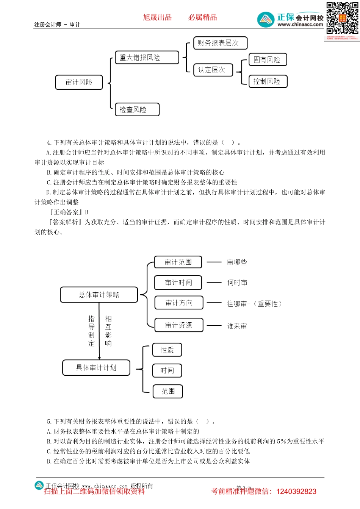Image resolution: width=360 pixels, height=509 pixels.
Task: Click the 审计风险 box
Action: click(x=79, y=82)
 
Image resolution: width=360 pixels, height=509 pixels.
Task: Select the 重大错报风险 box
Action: click(x=147, y=58)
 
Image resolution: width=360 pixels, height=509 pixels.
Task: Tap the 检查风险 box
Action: click(x=137, y=109)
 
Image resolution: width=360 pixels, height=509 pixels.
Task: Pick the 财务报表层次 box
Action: click(x=220, y=43)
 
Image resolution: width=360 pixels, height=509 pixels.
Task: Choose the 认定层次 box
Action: click(x=213, y=70)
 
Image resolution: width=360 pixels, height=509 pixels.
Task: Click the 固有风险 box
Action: click(x=268, y=59)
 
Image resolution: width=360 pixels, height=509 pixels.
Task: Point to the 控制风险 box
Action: click(x=268, y=81)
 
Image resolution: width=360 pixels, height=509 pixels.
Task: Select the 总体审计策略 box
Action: click(x=99, y=295)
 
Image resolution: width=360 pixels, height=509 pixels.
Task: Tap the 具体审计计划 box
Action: click(x=96, y=368)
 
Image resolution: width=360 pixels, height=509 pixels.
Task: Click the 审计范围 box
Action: click(x=178, y=262)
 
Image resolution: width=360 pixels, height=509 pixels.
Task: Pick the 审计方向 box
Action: click(x=179, y=303)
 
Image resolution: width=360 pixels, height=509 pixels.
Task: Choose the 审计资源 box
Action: click(x=179, y=325)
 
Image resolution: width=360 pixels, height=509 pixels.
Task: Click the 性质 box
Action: click(x=167, y=350)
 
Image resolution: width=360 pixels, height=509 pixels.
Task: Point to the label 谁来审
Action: click(x=237, y=326)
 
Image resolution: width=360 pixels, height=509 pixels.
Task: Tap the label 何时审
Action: click(x=237, y=283)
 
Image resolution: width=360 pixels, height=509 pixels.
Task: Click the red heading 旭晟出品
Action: click(x=157, y=17)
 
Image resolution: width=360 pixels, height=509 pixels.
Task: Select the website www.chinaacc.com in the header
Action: click(x=300, y=25)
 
